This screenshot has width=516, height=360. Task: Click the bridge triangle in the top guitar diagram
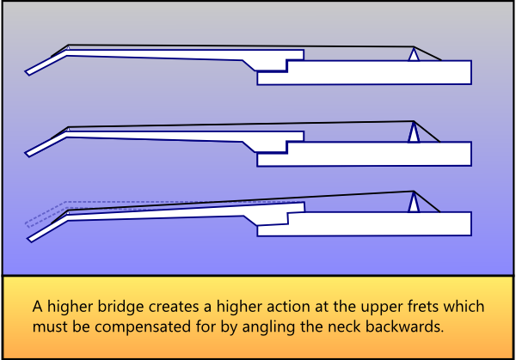[414, 54]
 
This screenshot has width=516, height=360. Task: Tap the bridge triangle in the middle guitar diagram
[414, 133]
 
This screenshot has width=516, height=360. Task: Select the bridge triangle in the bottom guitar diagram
[414, 203]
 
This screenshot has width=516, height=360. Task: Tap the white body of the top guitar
[378, 73]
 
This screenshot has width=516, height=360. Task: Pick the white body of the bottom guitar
[378, 223]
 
